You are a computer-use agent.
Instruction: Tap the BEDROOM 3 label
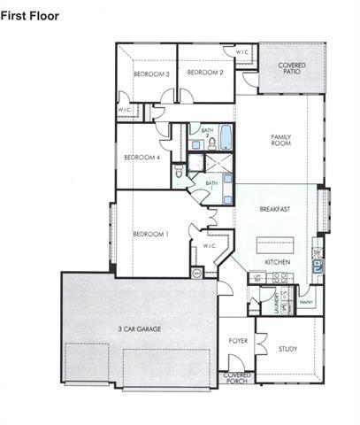152,73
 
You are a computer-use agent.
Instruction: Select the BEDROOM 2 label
204,72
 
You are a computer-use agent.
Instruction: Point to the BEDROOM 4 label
142,158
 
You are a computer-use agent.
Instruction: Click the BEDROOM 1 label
150,234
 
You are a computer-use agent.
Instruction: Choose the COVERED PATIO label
292,69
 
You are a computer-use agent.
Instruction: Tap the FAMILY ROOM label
281,140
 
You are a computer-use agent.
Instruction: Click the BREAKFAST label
276,210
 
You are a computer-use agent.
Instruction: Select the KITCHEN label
279,263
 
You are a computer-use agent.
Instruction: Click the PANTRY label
307,302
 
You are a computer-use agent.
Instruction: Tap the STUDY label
287,349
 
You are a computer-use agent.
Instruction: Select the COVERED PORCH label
237,377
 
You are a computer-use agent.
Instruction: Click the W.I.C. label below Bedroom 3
125,110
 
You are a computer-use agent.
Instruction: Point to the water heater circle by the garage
196,273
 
